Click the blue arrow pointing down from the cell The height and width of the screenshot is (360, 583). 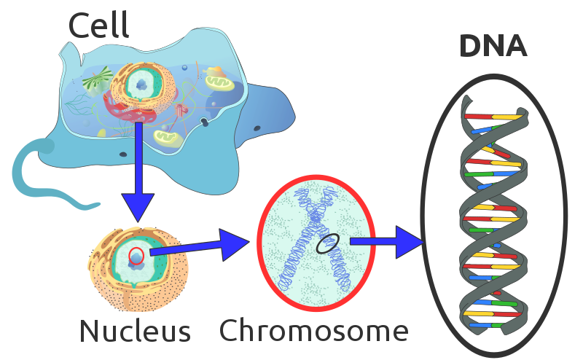[x=138, y=175]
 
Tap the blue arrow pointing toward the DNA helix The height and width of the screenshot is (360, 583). [x=386, y=242]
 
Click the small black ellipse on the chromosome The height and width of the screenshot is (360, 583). [x=327, y=243]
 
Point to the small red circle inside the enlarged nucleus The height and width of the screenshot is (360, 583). [x=136, y=256]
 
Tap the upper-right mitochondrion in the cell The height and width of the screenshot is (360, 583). [x=219, y=83]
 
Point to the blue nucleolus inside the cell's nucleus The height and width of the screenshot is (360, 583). [x=141, y=85]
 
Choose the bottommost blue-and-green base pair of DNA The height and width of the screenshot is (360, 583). [x=490, y=325]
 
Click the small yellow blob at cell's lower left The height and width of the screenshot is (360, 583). [x=102, y=133]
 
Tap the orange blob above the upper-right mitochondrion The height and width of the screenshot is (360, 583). [x=214, y=71]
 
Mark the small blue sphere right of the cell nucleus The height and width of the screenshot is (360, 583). [x=184, y=68]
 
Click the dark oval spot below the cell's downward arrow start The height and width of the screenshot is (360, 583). [x=123, y=154]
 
